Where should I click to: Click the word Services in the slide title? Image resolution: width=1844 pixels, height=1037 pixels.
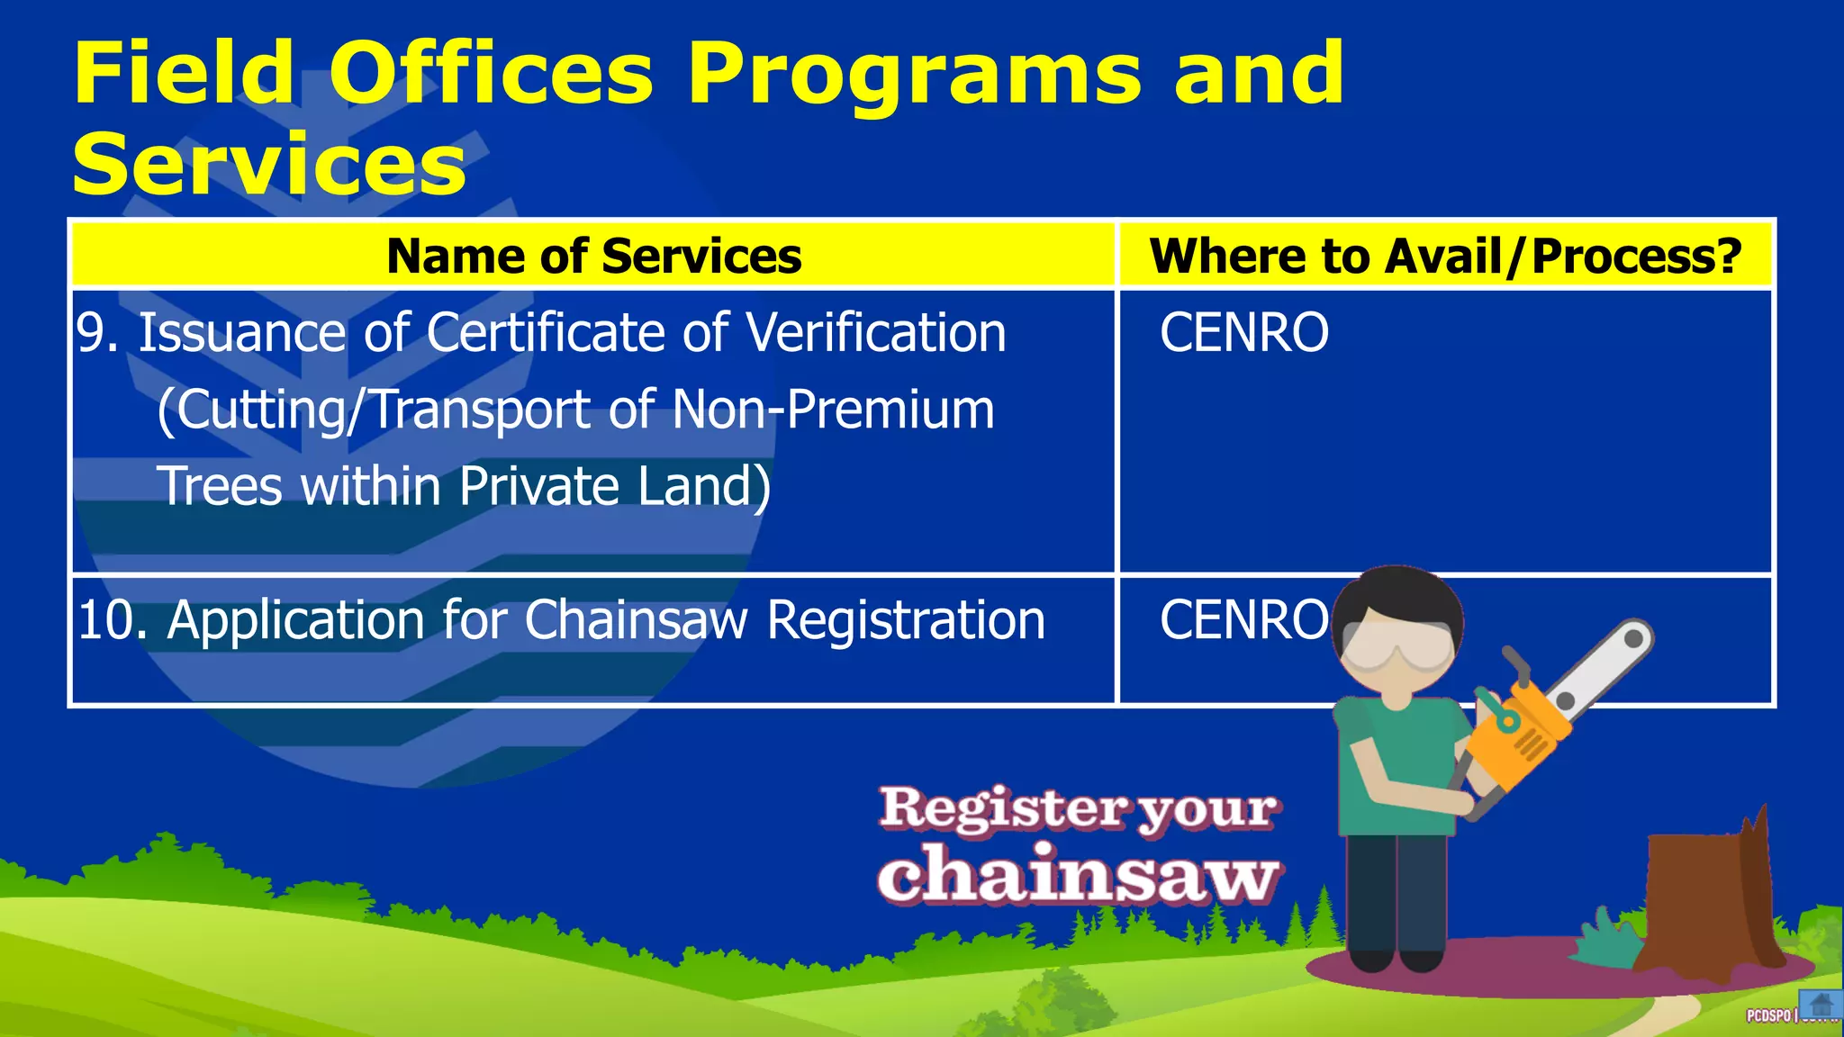(x=269, y=165)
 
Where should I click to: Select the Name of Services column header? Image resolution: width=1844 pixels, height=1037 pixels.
(x=593, y=257)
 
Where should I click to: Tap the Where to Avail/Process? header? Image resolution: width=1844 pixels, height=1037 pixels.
(x=1445, y=257)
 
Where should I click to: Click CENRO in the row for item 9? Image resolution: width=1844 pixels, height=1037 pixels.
(x=1243, y=333)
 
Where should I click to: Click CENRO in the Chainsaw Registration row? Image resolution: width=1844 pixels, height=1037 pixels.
(x=1243, y=620)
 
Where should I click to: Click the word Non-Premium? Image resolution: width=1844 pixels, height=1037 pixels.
(x=833, y=410)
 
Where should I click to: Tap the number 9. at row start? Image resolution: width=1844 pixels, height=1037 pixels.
(x=97, y=333)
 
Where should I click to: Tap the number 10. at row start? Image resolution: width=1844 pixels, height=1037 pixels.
(x=112, y=620)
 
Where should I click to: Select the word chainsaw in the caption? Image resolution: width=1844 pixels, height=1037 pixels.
(x=1078, y=875)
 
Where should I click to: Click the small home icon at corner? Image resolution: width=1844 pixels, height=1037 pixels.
(x=1821, y=1005)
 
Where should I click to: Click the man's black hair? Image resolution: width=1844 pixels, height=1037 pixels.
(x=1400, y=594)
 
